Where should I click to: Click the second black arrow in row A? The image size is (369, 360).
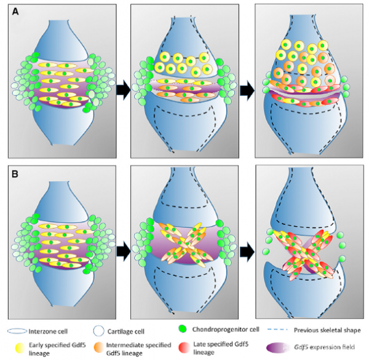(x=245, y=90)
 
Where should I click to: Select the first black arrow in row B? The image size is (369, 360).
(x=122, y=250)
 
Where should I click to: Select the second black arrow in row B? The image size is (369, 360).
(x=245, y=250)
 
